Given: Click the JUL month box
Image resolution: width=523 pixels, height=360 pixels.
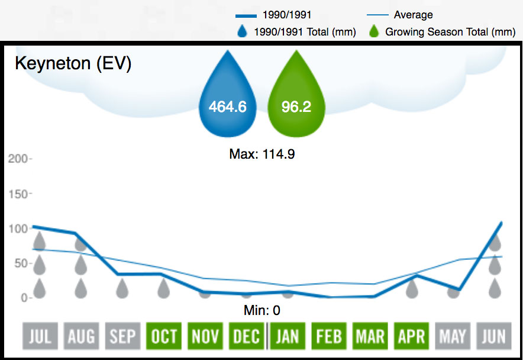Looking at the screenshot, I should coord(40,336).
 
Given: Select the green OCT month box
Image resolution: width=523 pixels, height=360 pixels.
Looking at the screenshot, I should coord(163,336).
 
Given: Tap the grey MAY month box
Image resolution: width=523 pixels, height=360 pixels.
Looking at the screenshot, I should coord(453,336).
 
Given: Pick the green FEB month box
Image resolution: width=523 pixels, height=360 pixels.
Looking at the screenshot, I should coord(328,336).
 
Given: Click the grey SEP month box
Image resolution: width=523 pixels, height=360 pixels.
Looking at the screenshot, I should coord(122,336).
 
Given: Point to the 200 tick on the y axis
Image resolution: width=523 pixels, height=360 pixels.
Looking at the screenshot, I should coord(17,159).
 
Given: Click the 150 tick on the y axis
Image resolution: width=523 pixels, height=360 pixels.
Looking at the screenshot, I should coord(17,194).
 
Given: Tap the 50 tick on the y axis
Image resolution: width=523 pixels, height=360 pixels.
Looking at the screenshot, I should coord(20,263).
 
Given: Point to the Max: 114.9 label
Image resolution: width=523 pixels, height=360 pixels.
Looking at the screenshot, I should coord(261,155).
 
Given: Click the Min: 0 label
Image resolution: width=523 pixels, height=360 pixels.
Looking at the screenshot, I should coord(261,310).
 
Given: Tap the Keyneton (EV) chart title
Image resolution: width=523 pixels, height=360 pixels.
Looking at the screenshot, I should coord(73,64).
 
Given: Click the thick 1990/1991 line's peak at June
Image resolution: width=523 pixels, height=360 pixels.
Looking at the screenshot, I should coord(502,223).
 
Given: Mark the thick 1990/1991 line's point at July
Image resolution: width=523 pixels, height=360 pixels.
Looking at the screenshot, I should coord(34,226).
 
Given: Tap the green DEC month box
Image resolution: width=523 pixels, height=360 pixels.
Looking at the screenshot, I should coord(246,336).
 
